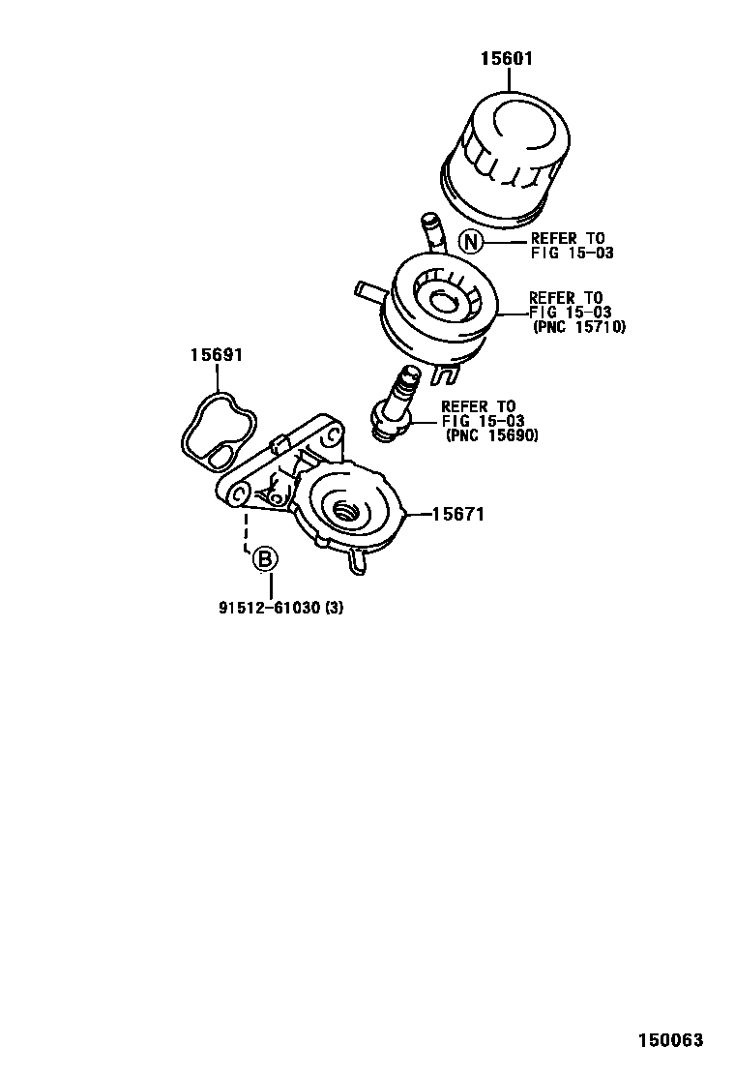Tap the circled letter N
[470, 242]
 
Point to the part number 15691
[215, 355]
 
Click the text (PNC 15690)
[491, 435]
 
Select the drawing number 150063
[669, 1041]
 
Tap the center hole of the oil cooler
[444, 303]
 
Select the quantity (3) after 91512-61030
[333, 608]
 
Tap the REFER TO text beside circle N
[567, 238]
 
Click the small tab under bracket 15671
[359, 560]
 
